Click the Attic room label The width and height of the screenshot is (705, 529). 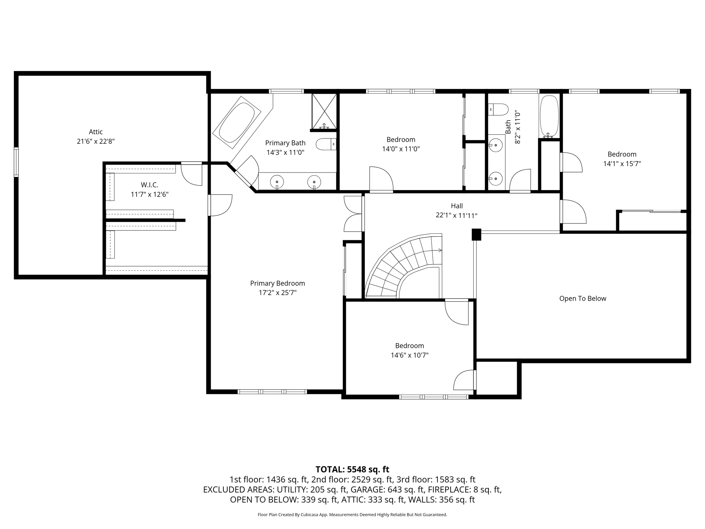pos(96,132)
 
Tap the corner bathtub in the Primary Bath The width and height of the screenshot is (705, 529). pos(237,122)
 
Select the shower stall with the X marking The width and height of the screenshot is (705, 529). pos(324,111)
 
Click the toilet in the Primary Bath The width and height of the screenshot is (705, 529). pos(325,144)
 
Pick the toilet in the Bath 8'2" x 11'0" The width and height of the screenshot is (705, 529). pos(498,110)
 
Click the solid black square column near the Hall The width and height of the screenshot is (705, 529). pos(476,235)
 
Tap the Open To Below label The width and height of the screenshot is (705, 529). pos(582,299)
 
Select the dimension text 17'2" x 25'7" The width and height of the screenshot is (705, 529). pos(277,293)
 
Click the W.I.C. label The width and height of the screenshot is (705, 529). pos(149,185)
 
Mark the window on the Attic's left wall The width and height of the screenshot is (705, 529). pos(16,162)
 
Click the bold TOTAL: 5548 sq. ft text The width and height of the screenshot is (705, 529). pos(352,469)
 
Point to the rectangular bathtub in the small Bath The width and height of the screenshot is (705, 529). pos(549,116)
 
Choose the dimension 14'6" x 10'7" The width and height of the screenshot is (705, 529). pos(409,355)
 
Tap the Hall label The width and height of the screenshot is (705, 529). pos(456,206)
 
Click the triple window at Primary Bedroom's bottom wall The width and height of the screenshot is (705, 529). pos(272,392)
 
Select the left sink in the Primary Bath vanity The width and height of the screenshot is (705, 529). pos(277,181)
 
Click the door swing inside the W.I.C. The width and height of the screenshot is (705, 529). pos(191,175)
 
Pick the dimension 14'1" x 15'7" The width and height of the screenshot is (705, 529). pos(622,164)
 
